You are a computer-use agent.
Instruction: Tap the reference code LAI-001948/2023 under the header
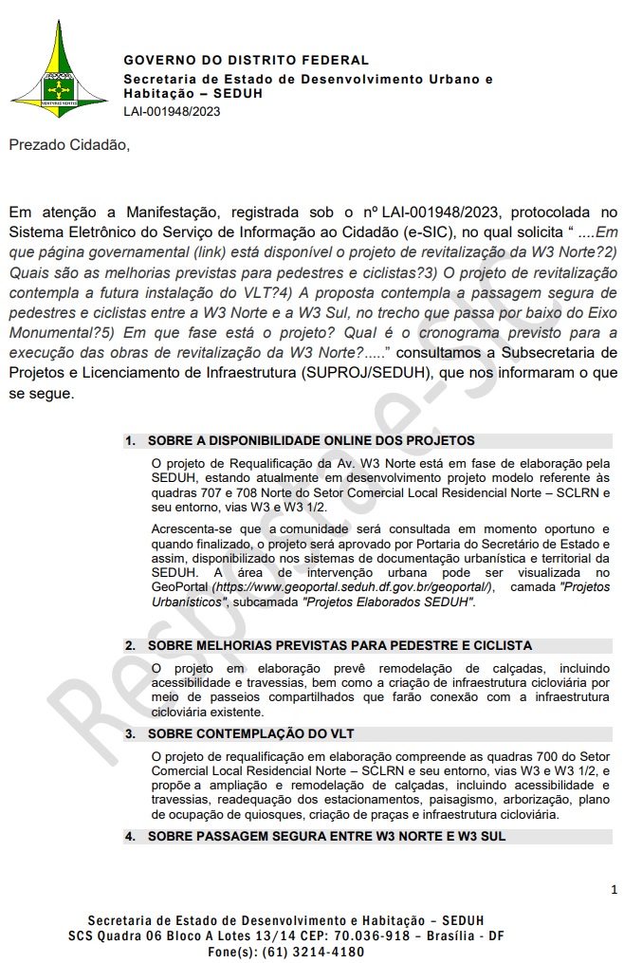click(x=173, y=111)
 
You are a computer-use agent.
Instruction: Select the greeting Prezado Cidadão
click(x=66, y=145)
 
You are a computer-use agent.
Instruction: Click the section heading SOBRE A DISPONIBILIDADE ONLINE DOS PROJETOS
click(x=311, y=440)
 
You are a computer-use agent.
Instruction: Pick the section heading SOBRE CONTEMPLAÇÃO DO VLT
click(x=251, y=733)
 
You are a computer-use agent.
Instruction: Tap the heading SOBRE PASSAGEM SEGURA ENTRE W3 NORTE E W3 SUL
click(x=326, y=836)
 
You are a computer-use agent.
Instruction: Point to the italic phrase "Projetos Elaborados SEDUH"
click(x=389, y=602)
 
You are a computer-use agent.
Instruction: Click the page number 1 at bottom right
click(x=615, y=890)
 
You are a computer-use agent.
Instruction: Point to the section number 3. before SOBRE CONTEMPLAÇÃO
click(x=130, y=733)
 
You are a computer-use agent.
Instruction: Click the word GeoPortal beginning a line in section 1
click(x=182, y=587)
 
